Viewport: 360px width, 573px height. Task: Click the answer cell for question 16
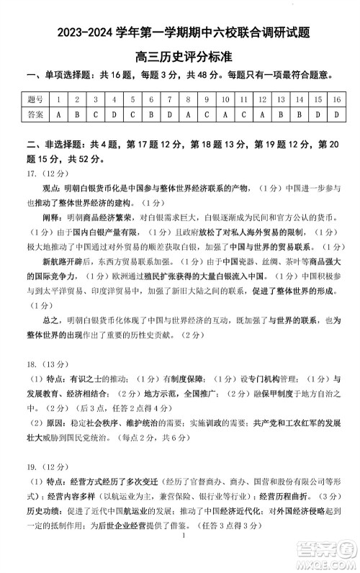[x=336, y=114]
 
